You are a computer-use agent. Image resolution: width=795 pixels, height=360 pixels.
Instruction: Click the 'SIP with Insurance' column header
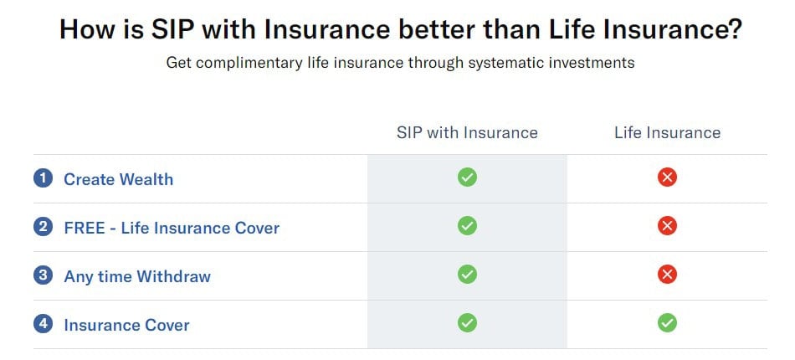(x=467, y=133)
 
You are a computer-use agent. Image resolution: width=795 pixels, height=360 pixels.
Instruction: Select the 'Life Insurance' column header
(x=667, y=133)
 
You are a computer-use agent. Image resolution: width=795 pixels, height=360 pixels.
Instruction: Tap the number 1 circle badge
(x=43, y=178)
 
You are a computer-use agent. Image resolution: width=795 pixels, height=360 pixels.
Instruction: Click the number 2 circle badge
(x=43, y=227)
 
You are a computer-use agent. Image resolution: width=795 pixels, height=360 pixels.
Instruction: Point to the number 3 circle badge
(x=43, y=275)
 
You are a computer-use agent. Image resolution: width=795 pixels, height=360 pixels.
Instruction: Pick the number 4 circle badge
(x=43, y=323)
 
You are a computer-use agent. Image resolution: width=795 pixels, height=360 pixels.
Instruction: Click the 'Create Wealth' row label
(x=119, y=179)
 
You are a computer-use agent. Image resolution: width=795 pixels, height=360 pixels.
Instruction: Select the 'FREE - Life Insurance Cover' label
(x=172, y=229)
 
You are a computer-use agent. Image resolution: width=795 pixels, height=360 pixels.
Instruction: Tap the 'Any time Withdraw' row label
(x=137, y=277)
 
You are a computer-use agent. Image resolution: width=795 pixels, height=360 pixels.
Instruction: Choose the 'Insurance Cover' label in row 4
(x=126, y=325)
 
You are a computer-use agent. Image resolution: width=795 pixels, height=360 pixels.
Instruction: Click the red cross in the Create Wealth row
(x=667, y=177)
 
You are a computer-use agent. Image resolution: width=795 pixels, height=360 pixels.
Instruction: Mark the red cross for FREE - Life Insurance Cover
(x=667, y=226)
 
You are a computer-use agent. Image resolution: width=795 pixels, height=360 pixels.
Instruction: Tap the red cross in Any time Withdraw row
(x=667, y=275)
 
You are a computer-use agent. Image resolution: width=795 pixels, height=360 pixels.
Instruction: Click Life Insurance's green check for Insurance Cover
(x=667, y=322)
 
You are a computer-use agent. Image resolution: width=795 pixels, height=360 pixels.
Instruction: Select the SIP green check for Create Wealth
(x=467, y=177)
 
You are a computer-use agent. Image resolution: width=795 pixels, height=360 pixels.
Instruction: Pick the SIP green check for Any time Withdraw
(x=467, y=275)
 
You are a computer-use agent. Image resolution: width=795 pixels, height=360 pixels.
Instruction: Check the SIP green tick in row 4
(x=467, y=322)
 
